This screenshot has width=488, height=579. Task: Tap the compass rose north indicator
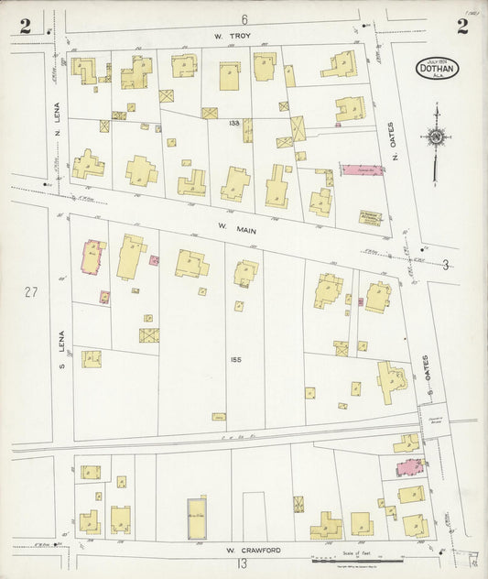pos(437,138)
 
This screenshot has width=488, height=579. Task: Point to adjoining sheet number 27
pos(32,292)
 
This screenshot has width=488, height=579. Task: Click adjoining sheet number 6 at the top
pos(244,19)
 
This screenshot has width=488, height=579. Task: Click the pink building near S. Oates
pos(407,467)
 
